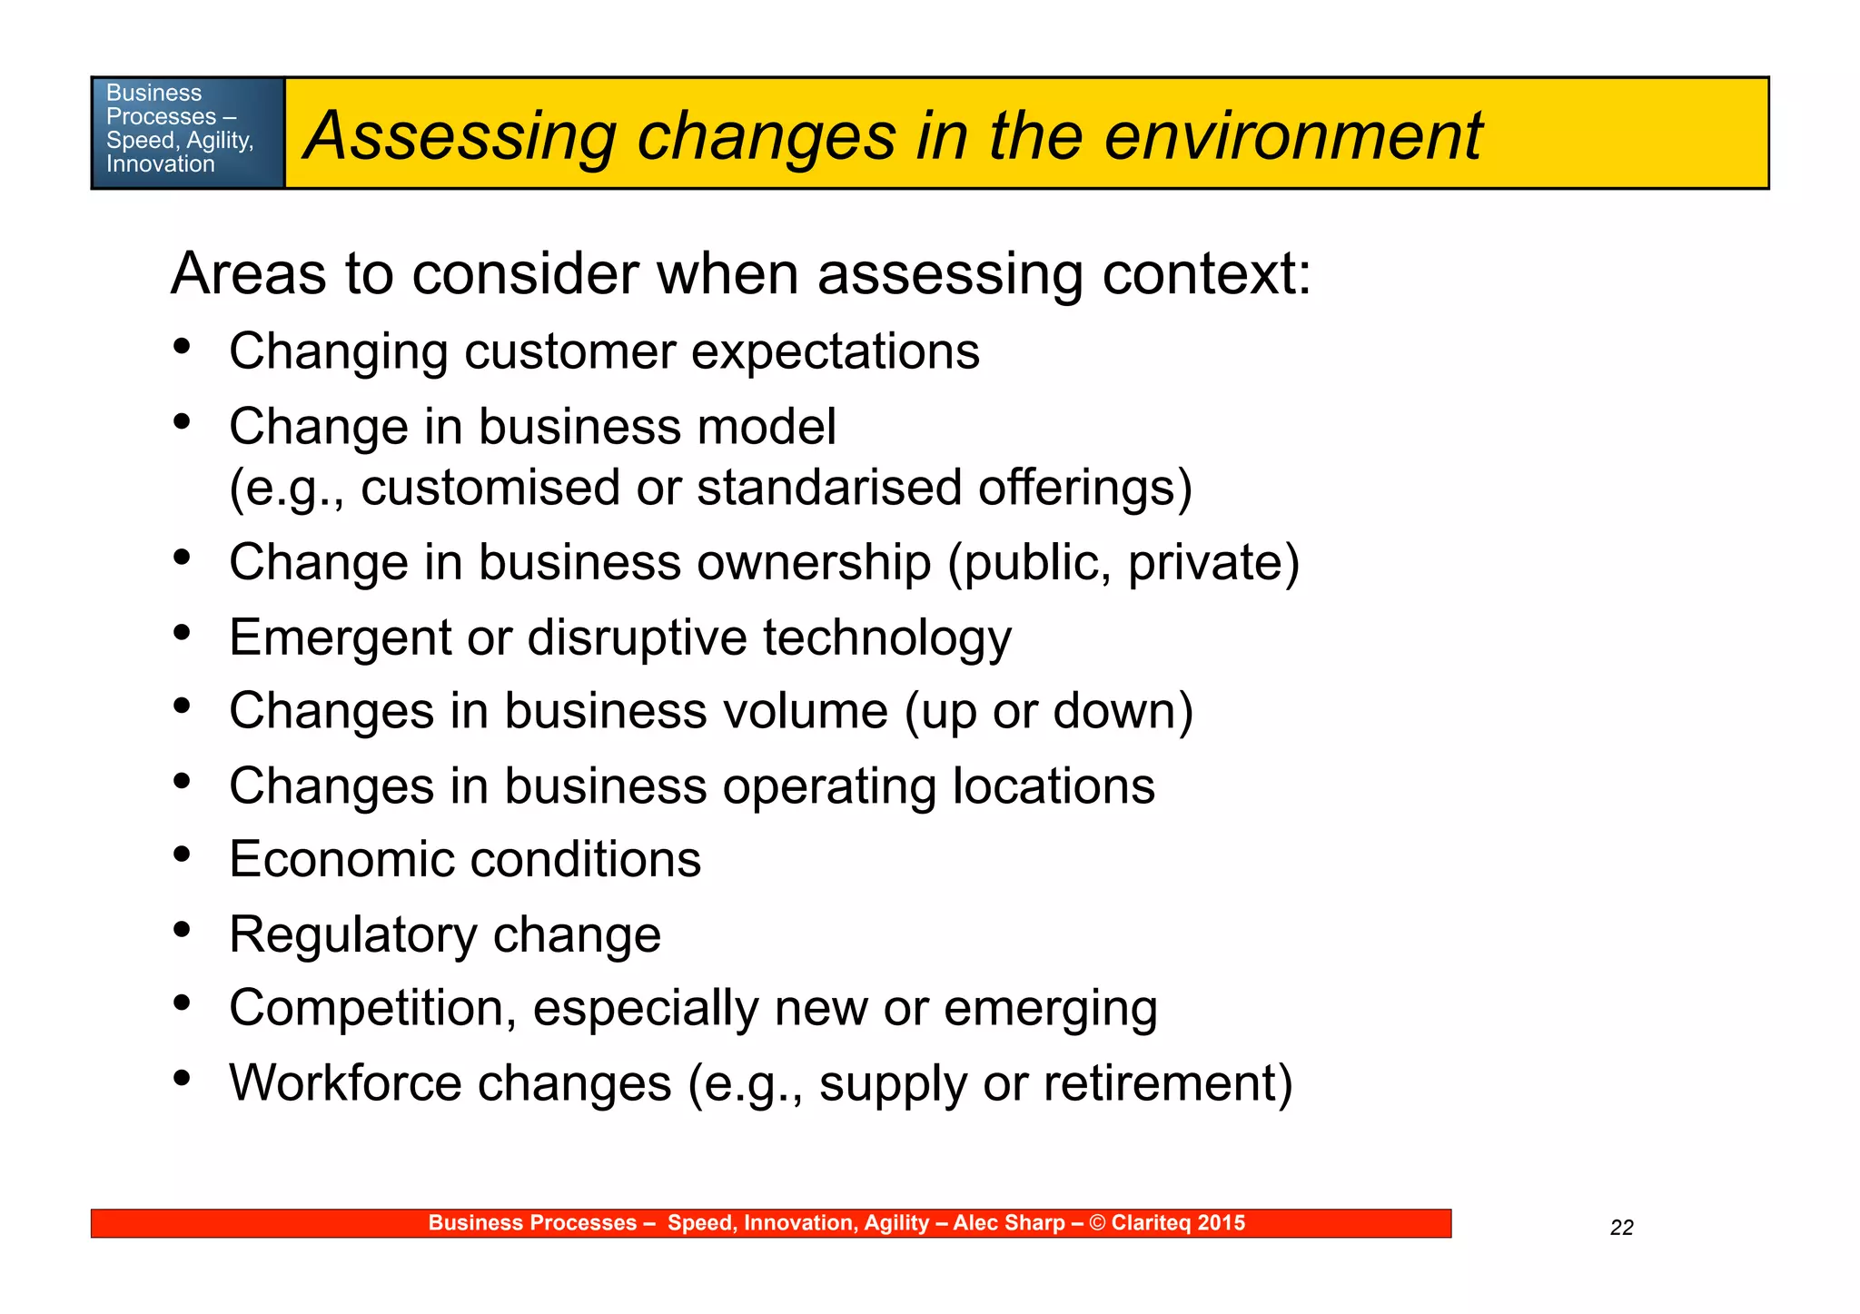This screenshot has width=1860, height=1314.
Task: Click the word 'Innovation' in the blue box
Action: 161,164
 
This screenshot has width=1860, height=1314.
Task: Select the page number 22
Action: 1621,1228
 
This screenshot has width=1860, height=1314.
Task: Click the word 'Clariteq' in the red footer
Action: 1151,1223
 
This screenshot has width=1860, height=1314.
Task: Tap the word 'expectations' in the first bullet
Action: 835,352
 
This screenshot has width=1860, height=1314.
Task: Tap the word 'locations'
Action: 1054,786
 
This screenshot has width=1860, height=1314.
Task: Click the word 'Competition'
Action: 372,1009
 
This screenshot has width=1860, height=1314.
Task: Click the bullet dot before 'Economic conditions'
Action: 183,855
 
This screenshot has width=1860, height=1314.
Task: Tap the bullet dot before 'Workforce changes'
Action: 183,1078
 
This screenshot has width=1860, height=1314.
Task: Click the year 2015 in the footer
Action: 1222,1223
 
